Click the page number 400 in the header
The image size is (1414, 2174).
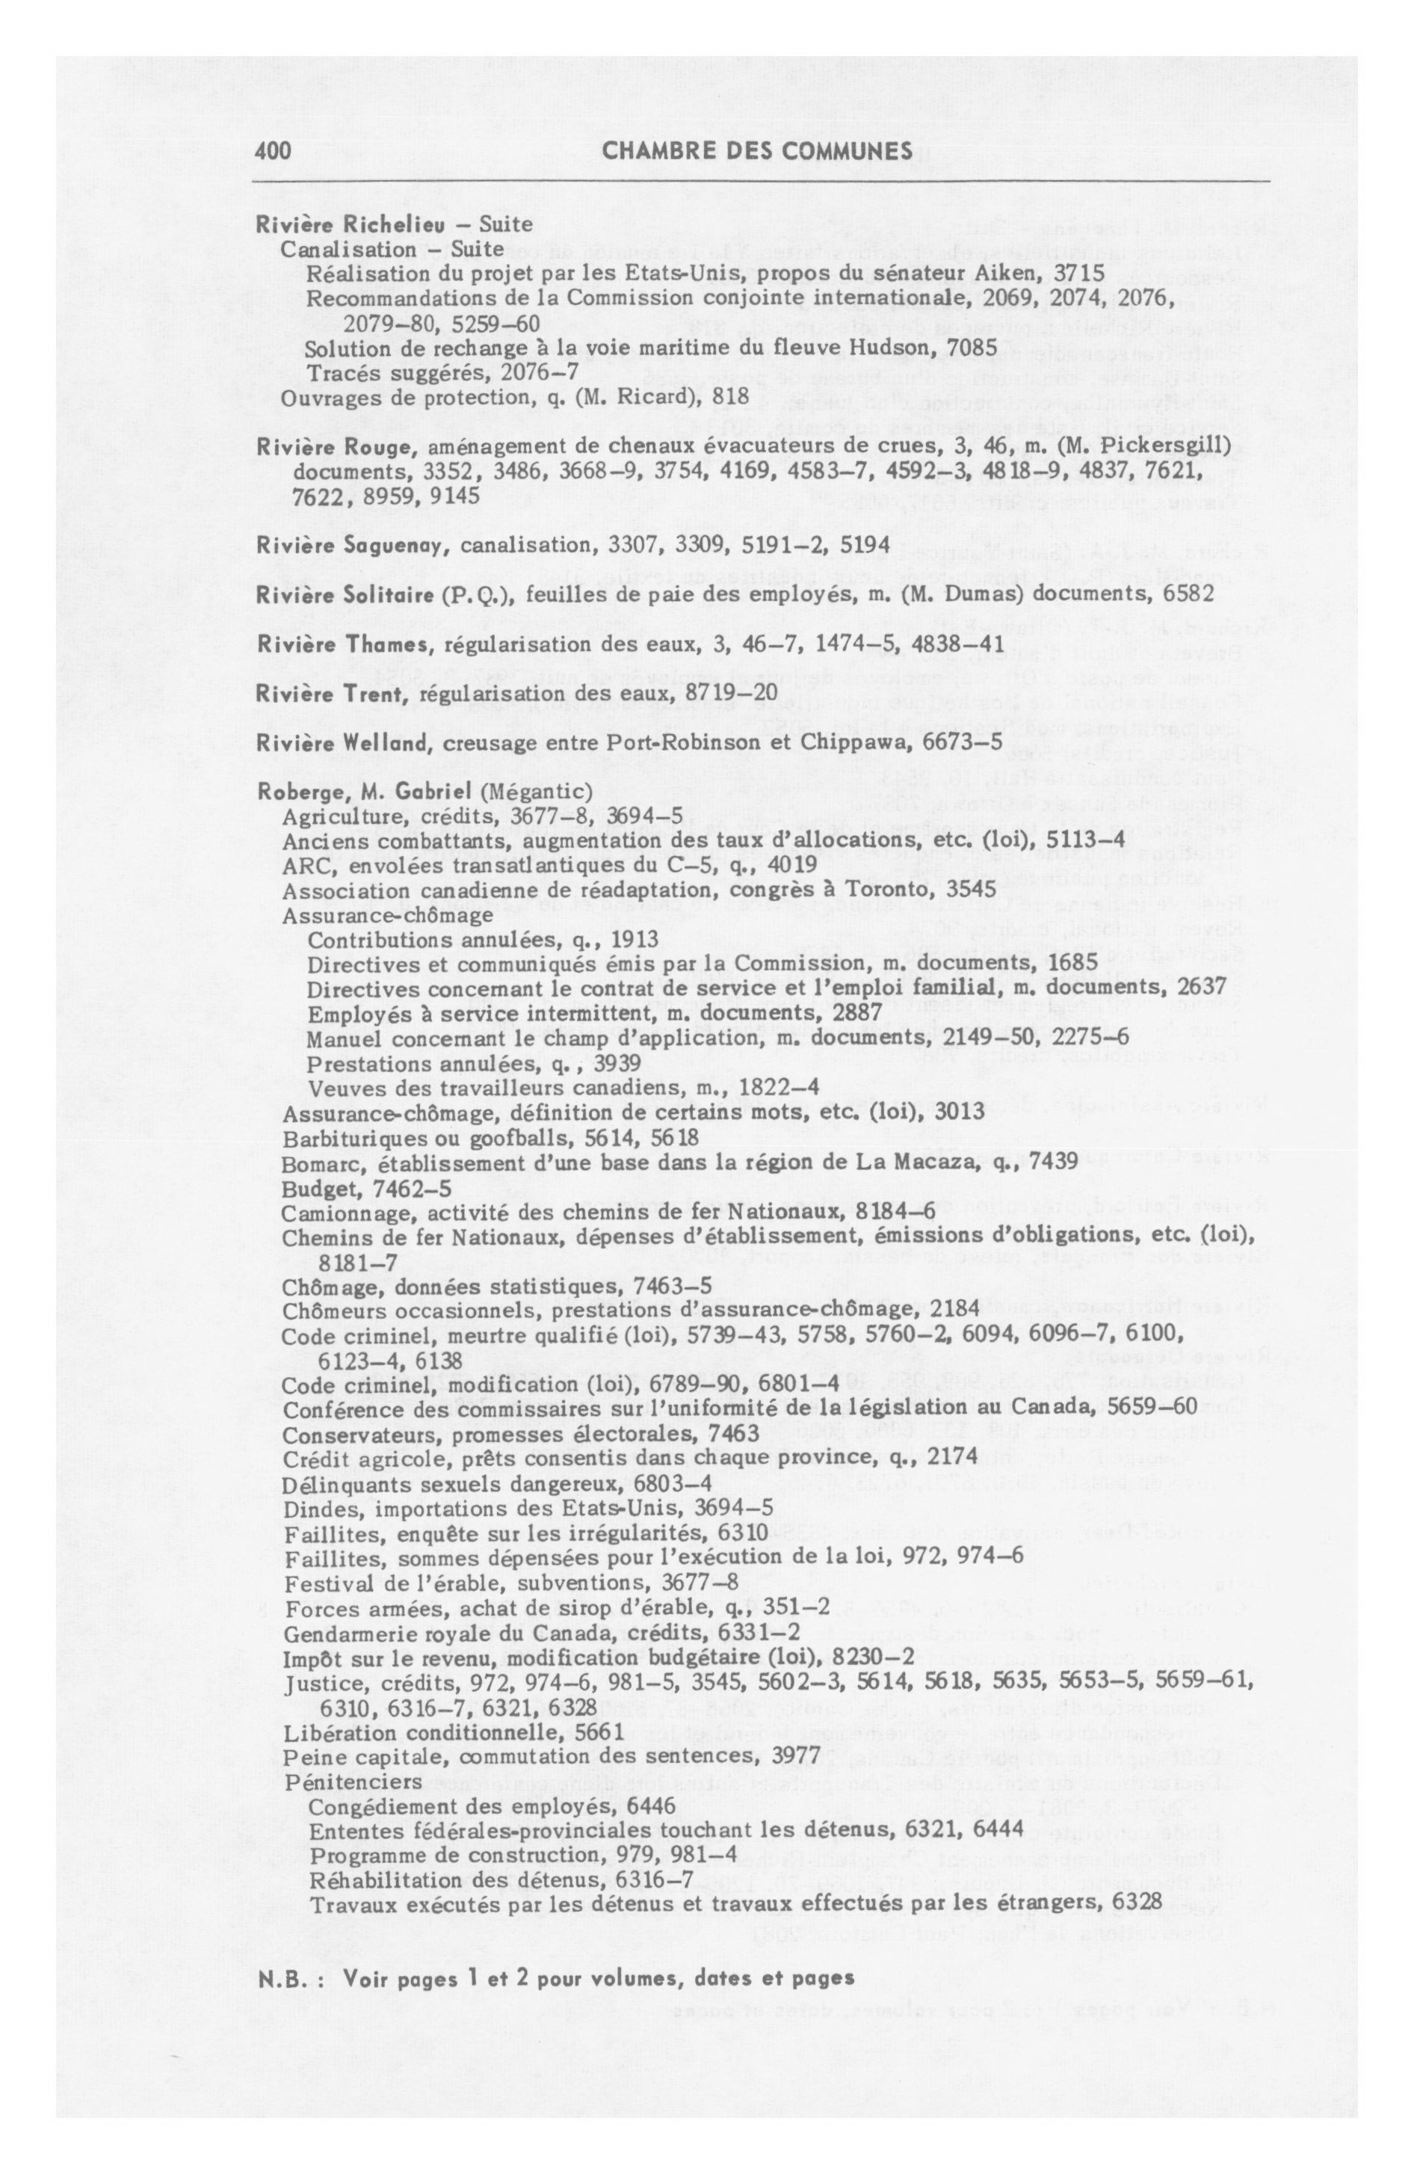pyautogui.click(x=273, y=152)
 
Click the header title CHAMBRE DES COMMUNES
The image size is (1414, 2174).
pyautogui.click(x=757, y=152)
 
